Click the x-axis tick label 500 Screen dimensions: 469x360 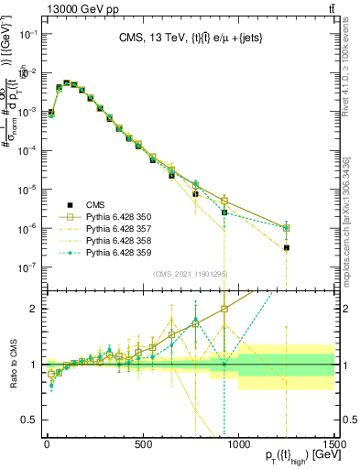coord(143,445)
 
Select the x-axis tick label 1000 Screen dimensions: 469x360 coord(239,445)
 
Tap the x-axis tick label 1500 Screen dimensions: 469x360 coord(333,445)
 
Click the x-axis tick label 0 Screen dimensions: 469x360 coord(47,445)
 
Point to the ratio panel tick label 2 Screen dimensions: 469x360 coord(36,309)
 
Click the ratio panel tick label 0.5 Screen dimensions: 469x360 coord(32,420)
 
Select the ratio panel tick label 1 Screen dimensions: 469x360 coord(36,365)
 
